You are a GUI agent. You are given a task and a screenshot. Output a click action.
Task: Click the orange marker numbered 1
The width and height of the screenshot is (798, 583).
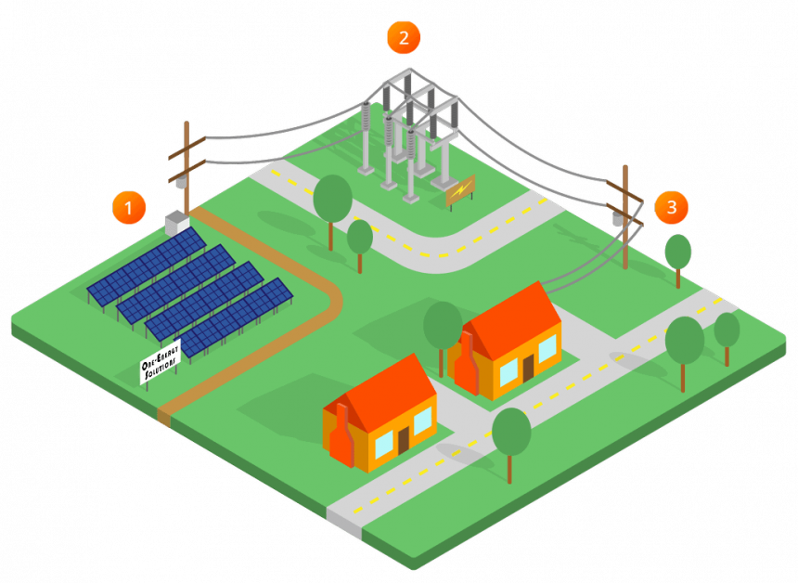click(x=129, y=208)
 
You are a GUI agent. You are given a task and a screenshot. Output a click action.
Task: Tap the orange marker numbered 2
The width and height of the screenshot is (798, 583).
click(x=404, y=37)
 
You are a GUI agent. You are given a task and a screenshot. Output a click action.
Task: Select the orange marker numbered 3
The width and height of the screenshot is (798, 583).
click(x=671, y=207)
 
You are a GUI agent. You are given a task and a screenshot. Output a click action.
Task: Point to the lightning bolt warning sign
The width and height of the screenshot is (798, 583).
click(x=460, y=190)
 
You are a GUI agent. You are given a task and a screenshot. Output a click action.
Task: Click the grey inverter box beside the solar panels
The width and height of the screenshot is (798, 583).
click(x=176, y=221)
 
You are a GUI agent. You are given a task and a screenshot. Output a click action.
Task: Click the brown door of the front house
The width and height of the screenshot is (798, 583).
click(x=404, y=438)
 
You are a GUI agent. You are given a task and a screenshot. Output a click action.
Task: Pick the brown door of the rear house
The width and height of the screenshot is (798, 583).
click(x=528, y=368)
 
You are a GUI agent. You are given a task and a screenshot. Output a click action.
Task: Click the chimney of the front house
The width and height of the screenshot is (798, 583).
click(x=341, y=436)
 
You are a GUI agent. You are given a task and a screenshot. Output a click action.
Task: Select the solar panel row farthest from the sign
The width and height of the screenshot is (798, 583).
click(x=148, y=264)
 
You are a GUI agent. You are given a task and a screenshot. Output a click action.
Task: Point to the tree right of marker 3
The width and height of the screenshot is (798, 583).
click(x=678, y=253)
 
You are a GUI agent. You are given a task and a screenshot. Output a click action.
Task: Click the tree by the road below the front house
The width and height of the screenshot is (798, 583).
click(x=511, y=434)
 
